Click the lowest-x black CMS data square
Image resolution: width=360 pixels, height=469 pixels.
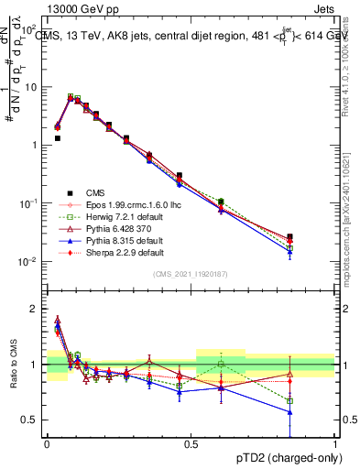tap(57, 138)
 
